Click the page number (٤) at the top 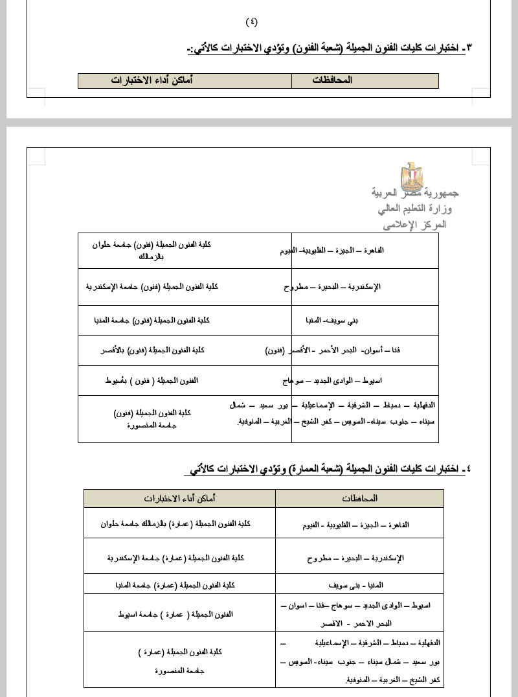[252, 21]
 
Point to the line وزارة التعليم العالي [415, 209]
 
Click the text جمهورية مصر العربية [415, 193]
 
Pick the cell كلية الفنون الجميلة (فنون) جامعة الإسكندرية [152, 286]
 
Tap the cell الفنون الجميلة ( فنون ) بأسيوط [152, 380]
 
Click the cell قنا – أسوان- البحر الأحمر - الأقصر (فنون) [333, 350]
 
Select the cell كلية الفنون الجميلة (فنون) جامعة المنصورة [152, 418]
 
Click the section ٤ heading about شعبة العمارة [328, 468]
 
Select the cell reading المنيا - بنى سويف [360, 584]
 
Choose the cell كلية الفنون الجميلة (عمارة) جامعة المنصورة [180, 661]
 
